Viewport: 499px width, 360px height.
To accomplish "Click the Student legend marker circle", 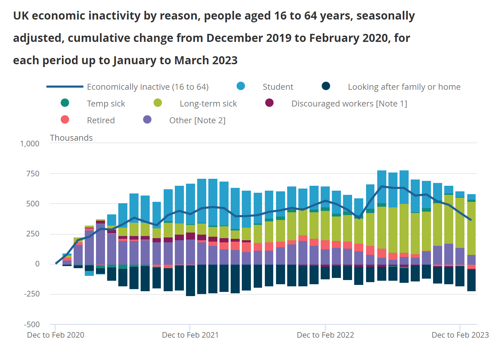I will tap(241, 86).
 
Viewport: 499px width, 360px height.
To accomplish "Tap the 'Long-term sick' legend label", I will tap(208, 104).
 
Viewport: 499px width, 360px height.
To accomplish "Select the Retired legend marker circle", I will tap(65, 120).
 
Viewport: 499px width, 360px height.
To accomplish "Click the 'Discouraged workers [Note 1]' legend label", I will tap(349, 104).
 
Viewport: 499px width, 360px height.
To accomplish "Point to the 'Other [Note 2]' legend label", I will tap(197, 120).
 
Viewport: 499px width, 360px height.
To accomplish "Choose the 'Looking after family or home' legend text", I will tap(404, 87).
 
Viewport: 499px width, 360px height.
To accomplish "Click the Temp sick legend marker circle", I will tap(65, 103).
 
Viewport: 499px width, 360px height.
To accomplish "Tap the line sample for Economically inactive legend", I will tap(65, 87).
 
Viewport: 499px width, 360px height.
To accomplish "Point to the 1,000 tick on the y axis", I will tap(30, 144).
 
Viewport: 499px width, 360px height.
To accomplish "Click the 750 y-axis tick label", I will tap(33, 174).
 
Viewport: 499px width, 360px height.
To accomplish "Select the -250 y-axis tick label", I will tap(32, 294).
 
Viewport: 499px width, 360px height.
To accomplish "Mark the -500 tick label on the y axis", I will tap(32, 324).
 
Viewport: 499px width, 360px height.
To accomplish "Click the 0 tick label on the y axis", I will tap(37, 264).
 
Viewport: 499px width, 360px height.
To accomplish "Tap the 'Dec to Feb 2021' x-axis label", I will tap(190, 335).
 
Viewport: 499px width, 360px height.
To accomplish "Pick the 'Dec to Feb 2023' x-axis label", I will tap(460, 335).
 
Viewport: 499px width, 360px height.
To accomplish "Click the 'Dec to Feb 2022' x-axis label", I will tap(325, 335).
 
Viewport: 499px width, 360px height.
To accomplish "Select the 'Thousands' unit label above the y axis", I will tap(71, 138).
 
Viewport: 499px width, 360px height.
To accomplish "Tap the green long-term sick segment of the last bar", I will tap(471, 227).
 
